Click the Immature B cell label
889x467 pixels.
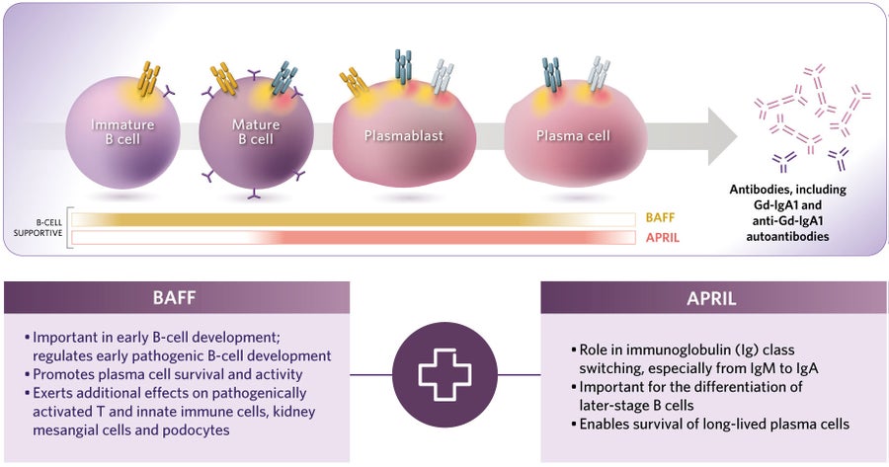click(122, 131)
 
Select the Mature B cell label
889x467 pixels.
click(255, 132)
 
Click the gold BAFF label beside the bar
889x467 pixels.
click(662, 218)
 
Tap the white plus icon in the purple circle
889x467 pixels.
click(444, 373)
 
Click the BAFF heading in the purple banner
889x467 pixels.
click(177, 297)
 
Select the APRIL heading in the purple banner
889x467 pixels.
click(713, 297)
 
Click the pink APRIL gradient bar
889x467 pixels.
click(444, 238)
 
